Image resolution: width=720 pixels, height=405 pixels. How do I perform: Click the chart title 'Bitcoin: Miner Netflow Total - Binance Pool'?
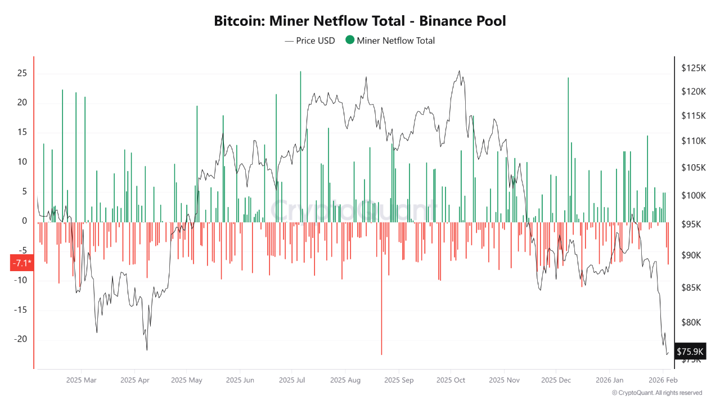click(360, 21)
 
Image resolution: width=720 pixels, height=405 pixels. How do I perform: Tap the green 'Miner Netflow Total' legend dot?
click(350, 40)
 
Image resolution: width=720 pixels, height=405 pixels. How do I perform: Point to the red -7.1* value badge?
click(22, 263)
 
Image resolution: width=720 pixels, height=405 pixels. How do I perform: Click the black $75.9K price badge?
click(690, 352)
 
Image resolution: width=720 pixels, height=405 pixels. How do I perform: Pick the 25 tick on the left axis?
click(22, 73)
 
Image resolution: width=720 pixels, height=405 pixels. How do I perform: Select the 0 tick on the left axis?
click(24, 221)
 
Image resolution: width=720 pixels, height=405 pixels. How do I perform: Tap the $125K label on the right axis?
click(693, 68)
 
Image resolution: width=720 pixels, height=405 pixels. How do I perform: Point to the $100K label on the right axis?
click(693, 195)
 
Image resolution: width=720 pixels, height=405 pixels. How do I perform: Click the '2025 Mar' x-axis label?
click(81, 380)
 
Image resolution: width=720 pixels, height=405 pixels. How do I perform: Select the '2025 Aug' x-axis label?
click(345, 380)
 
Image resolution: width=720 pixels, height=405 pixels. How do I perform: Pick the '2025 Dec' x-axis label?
click(556, 380)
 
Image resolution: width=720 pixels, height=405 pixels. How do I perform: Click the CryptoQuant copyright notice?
click(656, 393)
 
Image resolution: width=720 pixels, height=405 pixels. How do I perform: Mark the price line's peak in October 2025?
click(460, 71)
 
